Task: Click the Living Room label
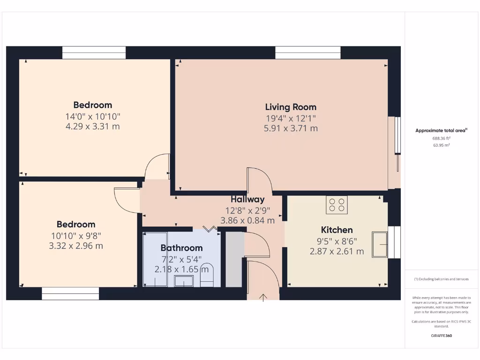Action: coord(291,107)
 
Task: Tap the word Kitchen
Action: coord(337,230)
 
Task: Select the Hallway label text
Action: coord(247,199)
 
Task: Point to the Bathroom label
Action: coord(181,248)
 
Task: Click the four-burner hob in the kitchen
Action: coord(337,205)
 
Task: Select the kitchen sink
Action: coord(380,244)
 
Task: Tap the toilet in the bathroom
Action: coord(207,276)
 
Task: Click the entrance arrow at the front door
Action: coord(263,297)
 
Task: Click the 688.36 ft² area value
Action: coord(441,138)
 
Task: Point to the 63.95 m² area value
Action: coord(441,145)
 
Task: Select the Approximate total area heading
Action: coord(441,131)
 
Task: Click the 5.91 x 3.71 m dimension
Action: coord(291,128)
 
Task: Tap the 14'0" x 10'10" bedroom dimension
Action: coord(93,116)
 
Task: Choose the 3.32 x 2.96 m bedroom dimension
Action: coord(76,246)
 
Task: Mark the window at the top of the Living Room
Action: coord(307,52)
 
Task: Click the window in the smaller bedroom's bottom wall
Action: coord(70,294)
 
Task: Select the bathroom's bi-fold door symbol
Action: coord(210,228)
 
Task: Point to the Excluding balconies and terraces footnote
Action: coord(441,279)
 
